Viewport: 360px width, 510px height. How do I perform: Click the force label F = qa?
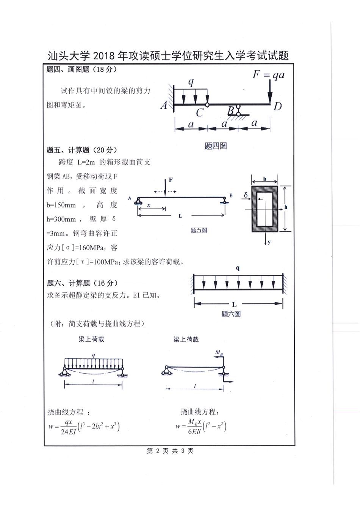(x=268, y=75)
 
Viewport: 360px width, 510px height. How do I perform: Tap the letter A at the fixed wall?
(x=164, y=105)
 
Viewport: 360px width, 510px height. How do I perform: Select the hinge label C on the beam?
(x=200, y=113)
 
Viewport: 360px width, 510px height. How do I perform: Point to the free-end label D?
(x=278, y=106)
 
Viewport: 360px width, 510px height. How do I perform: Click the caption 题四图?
(x=215, y=146)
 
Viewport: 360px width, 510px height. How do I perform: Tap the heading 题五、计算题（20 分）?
(x=82, y=150)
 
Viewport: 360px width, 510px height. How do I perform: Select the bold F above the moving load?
(x=171, y=180)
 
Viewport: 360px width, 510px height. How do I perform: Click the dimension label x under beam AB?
(x=149, y=205)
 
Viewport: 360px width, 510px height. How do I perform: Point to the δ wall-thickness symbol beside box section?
(x=246, y=195)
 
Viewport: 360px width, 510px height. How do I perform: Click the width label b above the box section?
(x=265, y=179)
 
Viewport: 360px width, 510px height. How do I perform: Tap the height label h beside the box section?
(x=286, y=207)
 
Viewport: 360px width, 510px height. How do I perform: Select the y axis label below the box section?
(x=269, y=242)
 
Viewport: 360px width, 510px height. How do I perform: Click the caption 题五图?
(x=199, y=230)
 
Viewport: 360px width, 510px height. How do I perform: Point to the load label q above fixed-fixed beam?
(x=238, y=268)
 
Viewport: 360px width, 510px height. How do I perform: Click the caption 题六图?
(x=231, y=314)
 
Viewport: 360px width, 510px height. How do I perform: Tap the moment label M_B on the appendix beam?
(x=219, y=353)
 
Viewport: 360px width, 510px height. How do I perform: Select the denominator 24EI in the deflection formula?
(x=68, y=431)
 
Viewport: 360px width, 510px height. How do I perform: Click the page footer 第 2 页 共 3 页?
(x=170, y=451)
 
